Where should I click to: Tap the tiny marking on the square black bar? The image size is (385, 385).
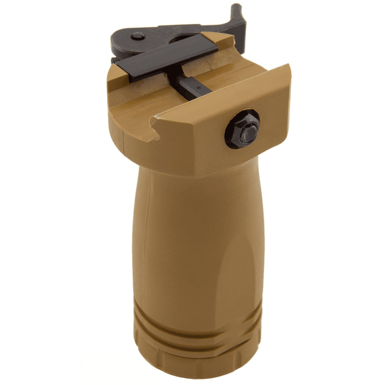coord(198,87)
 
